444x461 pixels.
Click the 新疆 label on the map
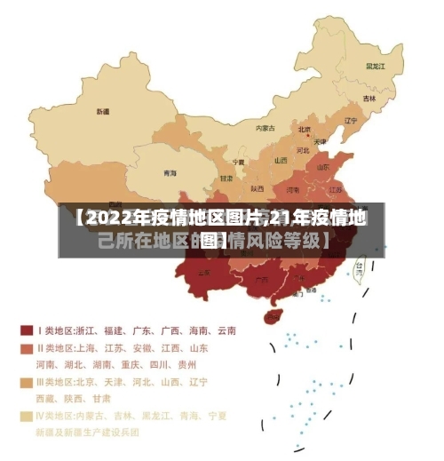[103, 112]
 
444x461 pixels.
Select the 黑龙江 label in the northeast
[376, 66]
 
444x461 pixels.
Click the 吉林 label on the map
[369, 98]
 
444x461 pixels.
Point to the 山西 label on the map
[281, 161]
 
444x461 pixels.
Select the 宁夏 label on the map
[238, 163]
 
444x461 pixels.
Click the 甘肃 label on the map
[226, 178]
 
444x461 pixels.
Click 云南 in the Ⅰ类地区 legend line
[225, 330]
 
